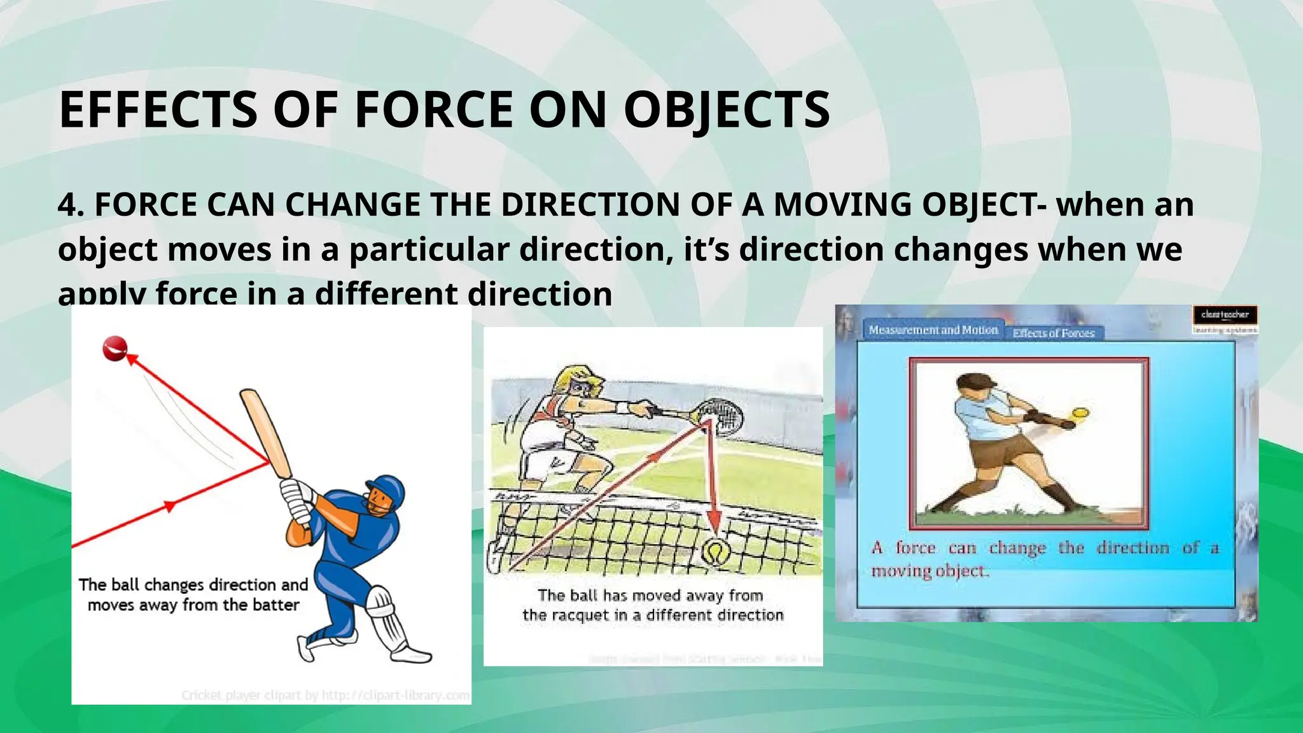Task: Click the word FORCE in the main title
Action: (x=433, y=109)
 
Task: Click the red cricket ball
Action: (x=115, y=349)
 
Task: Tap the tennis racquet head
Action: (x=720, y=415)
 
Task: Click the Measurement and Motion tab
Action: (x=933, y=330)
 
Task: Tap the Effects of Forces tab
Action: (x=1054, y=333)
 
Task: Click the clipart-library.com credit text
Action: (x=396, y=695)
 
